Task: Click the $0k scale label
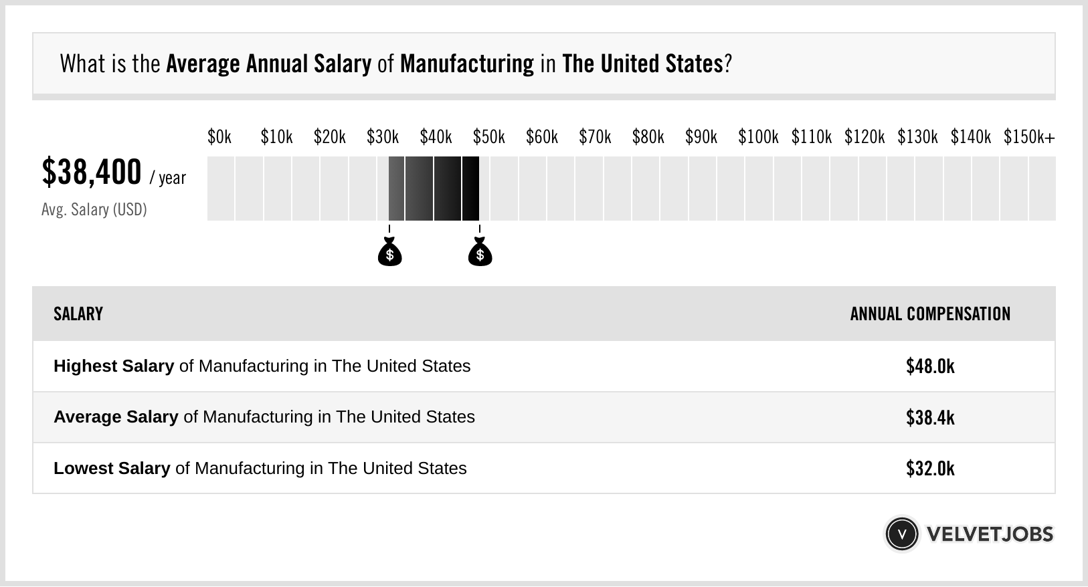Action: [x=219, y=138]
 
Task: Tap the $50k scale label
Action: [x=488, y=138]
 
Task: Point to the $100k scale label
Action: [x=758, y=138]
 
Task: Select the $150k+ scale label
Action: [x=1029, y=138]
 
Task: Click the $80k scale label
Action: [x=648, y=138]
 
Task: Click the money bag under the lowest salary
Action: [x=389, y=253]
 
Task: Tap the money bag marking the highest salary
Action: [x=480, y=253]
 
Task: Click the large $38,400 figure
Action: [x=92, y=172]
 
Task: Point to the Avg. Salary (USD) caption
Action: [x=94, y=210]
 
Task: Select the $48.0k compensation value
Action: [x=930, y=366]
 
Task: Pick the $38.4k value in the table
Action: [x=930, y=417]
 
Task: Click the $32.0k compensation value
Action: [x=930, y=468]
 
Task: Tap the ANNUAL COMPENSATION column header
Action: [x=930, y=314]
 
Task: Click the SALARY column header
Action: [x=78, y=314]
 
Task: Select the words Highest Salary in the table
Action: [x=114, y=366]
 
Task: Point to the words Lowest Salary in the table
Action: [x=112, y=468]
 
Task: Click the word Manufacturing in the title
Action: [x=466, y=64]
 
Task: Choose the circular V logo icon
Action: [x=901, y=534]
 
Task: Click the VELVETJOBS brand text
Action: [x=990, y=534]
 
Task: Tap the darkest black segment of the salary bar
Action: [x=470, y=189]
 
